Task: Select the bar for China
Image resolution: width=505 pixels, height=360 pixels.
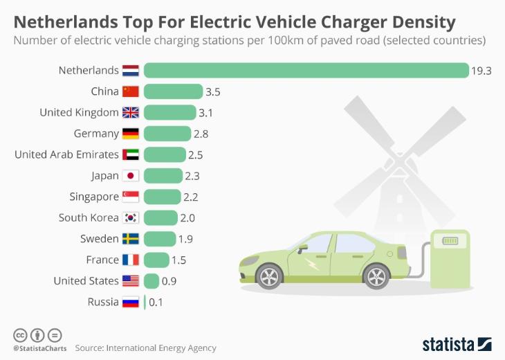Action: coord(173,91)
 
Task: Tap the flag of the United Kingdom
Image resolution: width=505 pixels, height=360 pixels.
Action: coord(131,112)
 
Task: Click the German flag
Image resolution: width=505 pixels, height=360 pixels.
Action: coord(131,134)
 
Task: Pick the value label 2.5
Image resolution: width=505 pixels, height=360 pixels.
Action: coord(195,155)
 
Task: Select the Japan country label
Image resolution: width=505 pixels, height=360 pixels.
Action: coord(104,176)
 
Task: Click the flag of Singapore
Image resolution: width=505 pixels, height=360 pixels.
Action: coord(131,197)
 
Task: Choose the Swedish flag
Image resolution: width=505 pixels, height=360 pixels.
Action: coord(131,239)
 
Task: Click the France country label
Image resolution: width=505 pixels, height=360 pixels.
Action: coord(102,260)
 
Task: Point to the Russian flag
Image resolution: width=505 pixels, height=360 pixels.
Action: coord(131,302)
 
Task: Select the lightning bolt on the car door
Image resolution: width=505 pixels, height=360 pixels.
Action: coord(310,264)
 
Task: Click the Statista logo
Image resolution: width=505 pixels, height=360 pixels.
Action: coord(457,344)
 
